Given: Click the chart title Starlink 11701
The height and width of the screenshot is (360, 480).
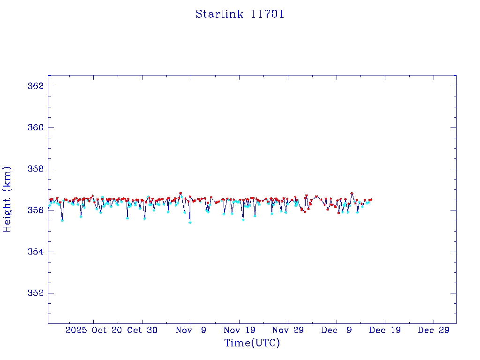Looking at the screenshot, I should (x=240, y=14).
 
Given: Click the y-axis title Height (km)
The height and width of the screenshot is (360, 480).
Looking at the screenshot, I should (x=7, y=199).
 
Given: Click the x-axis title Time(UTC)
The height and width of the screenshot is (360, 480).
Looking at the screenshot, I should (x=252, y=343).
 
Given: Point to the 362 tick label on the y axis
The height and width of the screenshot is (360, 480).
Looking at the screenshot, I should (x=36, y=86).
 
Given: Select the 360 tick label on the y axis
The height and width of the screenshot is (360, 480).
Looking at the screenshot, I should (x=36, y=127).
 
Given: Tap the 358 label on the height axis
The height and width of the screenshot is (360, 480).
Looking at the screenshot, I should (x=36, y=169).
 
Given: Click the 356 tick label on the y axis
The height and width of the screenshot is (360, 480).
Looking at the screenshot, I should (x=36, y=210).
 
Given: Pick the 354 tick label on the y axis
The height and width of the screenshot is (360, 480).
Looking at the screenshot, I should (x=36, y=252).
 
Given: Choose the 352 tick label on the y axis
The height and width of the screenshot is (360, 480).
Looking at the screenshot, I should (x=36, y=293).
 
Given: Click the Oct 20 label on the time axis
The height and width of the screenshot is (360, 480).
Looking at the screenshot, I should (x=107, y=330).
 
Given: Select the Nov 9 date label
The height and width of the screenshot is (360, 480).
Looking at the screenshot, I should (x=191, y=330).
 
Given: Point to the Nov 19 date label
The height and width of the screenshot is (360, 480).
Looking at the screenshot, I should (x=239, y=330).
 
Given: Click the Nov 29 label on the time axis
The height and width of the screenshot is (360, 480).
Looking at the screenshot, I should (x=288, y=330).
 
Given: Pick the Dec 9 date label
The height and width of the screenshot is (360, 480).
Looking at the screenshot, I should (x=337, y=330).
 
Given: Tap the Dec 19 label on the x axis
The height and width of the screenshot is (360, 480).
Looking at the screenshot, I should (x=385, y=330).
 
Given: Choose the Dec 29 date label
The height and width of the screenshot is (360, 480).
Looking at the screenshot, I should (x=434, y=330).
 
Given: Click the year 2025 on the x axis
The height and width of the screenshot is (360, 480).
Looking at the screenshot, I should (x=76, y=330).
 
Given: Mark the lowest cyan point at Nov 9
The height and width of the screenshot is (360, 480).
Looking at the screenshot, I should (x=190, y=222).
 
